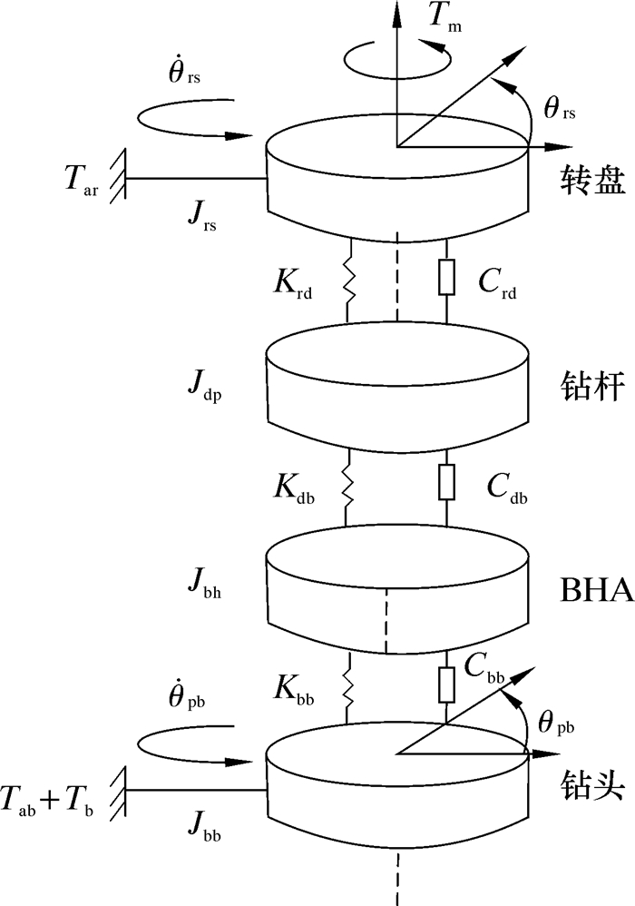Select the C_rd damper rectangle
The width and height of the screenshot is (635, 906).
(x=446, y=279)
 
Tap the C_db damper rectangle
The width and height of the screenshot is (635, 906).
(x=446, y=478)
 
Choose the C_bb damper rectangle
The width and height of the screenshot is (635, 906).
(x=446, y=683)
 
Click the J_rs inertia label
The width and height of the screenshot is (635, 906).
(x=200, y=215)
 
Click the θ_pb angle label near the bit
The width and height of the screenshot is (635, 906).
(x=555, y=724)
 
